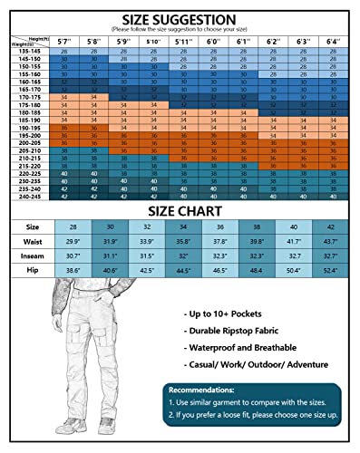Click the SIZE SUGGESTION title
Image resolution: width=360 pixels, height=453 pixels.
(x=180, y=19)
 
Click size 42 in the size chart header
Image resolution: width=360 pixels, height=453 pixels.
(x=330, y=226)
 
